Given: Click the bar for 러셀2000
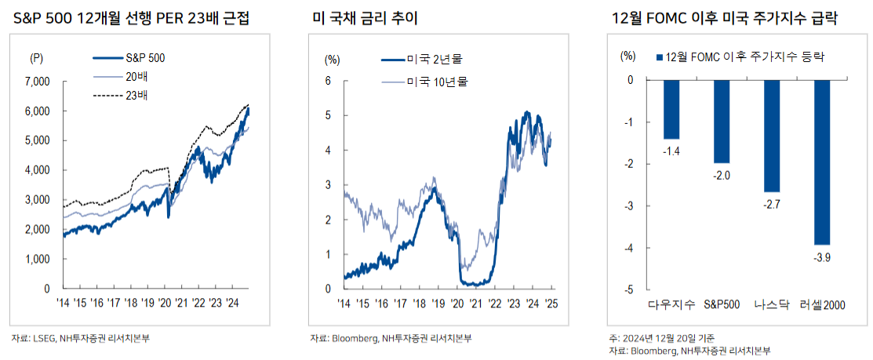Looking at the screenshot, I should (822, 162).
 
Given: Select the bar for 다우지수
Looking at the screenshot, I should (671, 109).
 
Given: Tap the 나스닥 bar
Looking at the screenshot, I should (772, 136).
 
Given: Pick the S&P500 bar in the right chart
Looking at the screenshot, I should (722, 121).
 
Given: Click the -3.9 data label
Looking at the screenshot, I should (822, 258).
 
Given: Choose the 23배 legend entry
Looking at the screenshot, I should (137, 96).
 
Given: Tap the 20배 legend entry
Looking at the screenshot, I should (137, 77).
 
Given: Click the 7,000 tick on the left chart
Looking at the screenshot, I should (38, 81).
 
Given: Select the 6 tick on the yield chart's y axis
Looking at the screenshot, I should (330, 81).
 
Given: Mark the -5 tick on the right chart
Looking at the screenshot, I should (627, 289).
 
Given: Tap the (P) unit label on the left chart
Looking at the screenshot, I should (36, 58).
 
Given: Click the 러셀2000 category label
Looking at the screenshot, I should (822, 304).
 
